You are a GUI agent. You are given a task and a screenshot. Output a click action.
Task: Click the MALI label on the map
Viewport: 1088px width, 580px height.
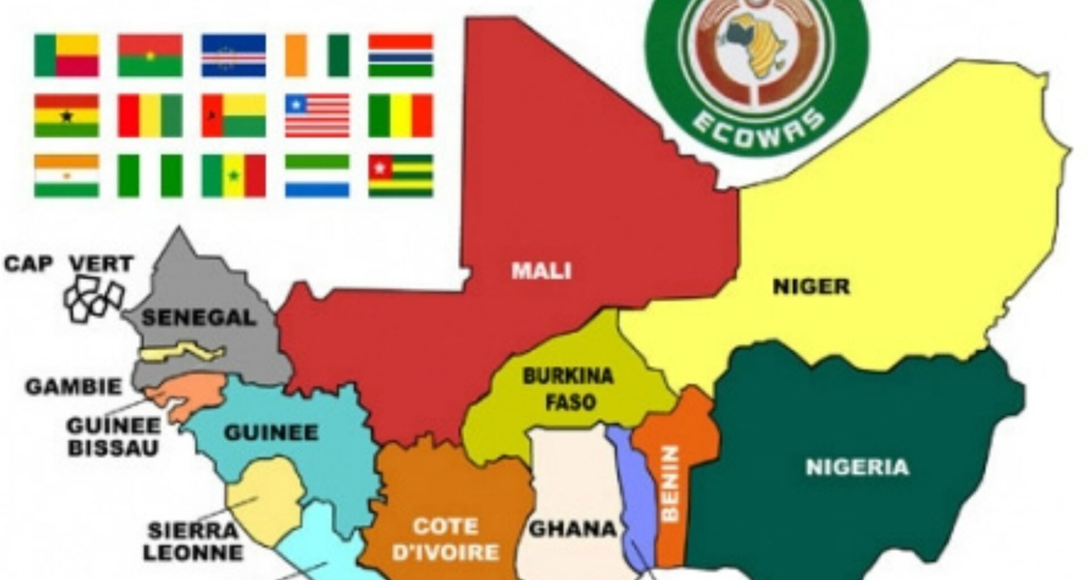point(541,271)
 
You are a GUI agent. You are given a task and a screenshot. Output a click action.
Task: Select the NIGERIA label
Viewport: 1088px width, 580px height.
point(857,467)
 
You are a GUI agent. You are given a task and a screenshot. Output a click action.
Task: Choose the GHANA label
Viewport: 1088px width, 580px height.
point(572,529)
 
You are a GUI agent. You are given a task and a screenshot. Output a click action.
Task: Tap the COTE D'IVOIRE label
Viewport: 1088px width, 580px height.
point(445,539)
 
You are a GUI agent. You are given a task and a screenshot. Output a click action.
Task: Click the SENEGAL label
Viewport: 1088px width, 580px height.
point(199,317)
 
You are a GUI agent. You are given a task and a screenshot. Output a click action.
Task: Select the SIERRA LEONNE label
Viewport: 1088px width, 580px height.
point(193,541)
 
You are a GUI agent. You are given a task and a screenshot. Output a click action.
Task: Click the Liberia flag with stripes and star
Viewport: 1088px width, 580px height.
point(317,116)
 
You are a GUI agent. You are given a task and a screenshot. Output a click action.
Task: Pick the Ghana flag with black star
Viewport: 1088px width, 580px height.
point(67,116)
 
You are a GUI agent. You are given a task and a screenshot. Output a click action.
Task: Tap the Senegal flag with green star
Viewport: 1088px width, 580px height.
point(233,176)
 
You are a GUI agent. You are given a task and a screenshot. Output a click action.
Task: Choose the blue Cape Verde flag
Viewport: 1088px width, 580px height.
point(233,56)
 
